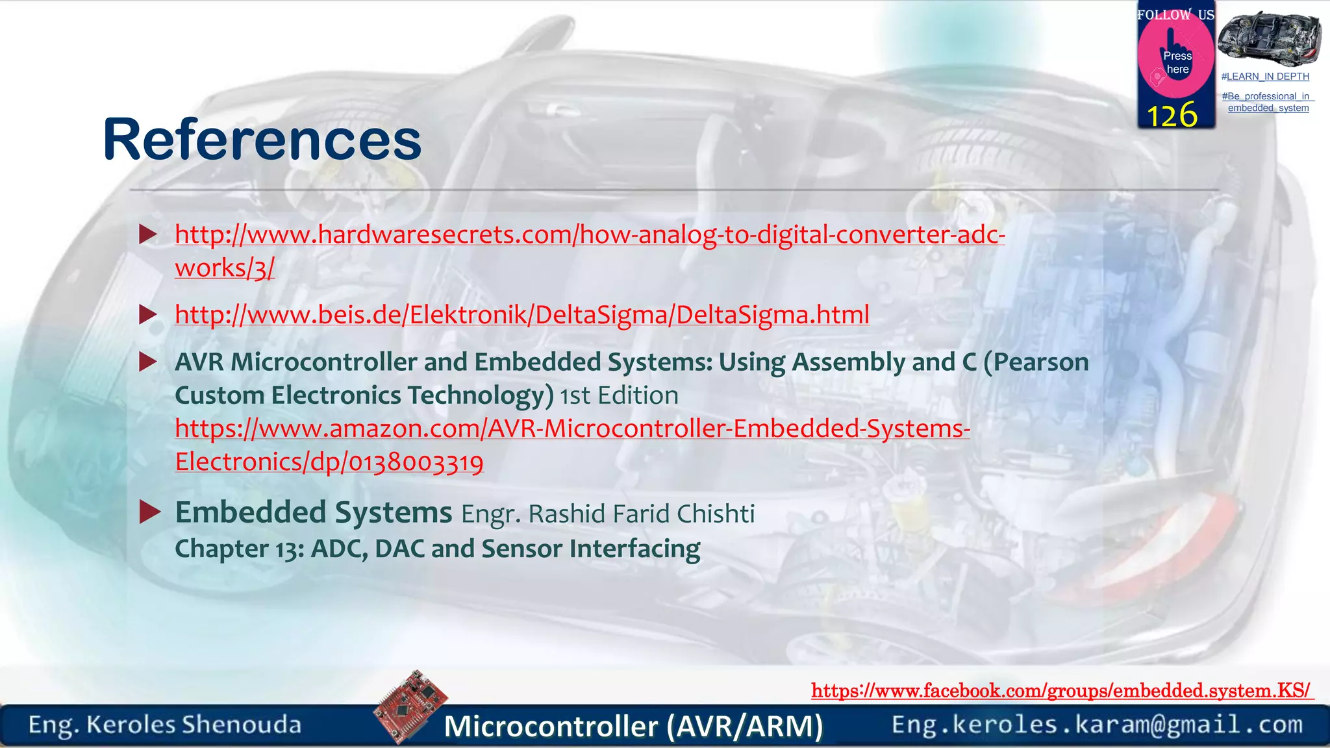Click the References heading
point(262,140)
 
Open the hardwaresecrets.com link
point(589,235)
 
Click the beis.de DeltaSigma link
point(521,315)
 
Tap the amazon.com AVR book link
point(571,429)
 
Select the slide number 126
point(1172,116)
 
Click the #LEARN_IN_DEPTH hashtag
point(1265,77)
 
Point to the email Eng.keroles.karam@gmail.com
point(1097,725)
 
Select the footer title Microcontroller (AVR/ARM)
point(633,726)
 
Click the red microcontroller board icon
point(410,706)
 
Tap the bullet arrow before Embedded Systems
point(150,512)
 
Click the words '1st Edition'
point(619,395)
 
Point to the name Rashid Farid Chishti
point(641,514)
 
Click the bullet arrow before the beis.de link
point(149,315)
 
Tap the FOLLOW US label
point(1175,15)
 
